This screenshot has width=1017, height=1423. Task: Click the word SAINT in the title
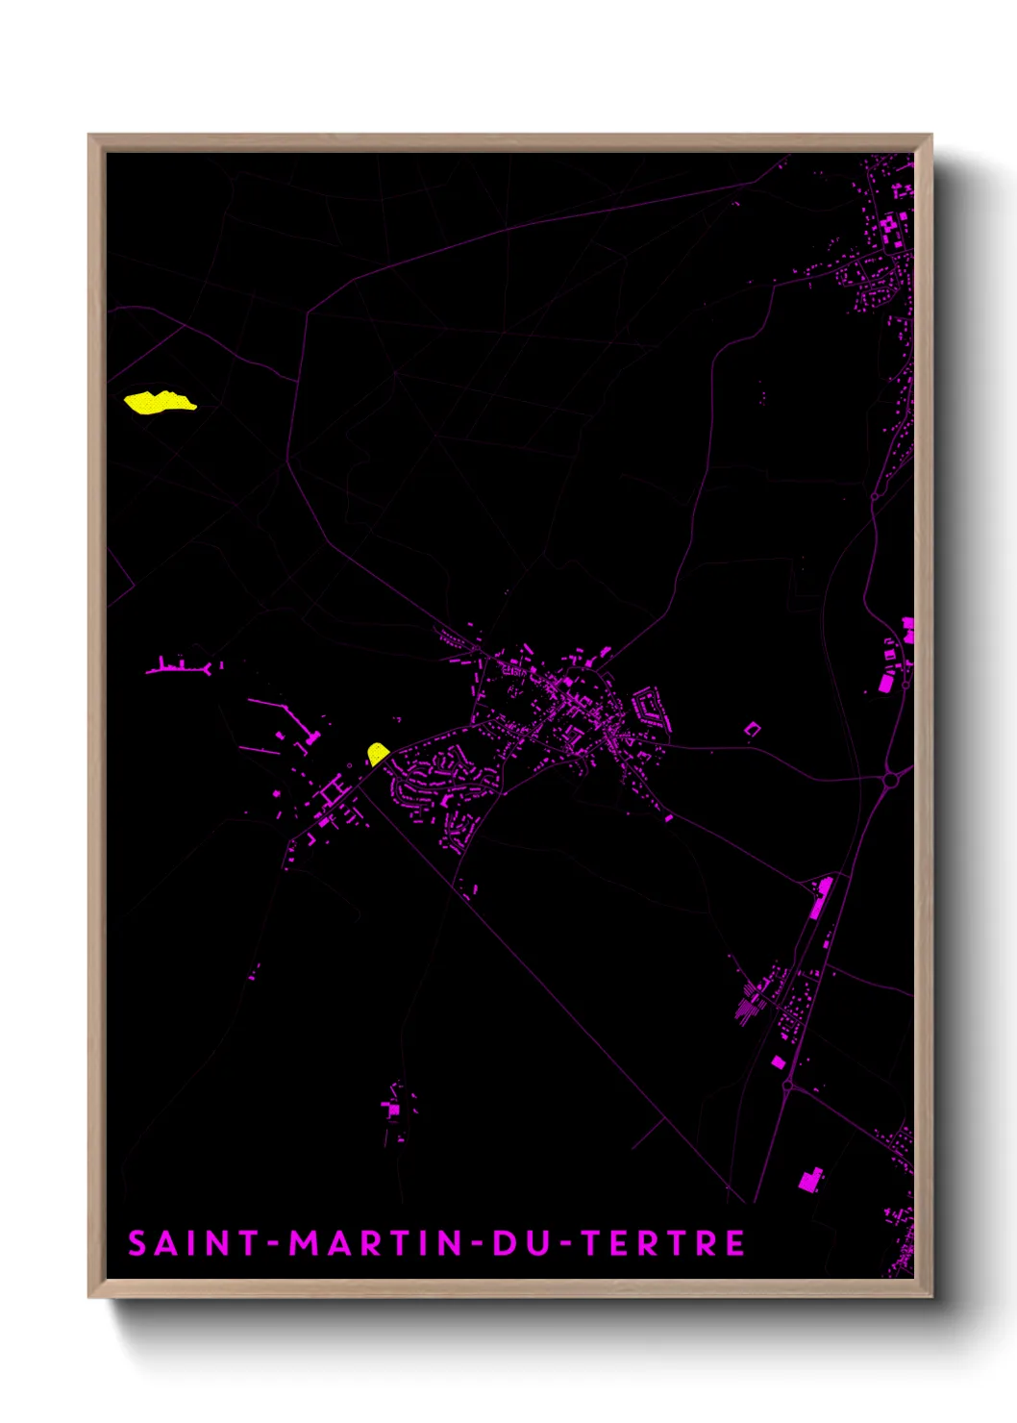(182, 1243)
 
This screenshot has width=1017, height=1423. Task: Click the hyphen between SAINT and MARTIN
(273, 1244)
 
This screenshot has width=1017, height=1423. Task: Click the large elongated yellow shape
(159, 402)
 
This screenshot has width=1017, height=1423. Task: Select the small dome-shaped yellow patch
(378, 753)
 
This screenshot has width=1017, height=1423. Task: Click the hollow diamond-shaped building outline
(753, 730)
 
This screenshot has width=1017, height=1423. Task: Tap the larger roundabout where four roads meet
(891, 779)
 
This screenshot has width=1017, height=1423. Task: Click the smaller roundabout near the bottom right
(788, 1086)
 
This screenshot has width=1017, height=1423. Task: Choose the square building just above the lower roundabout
(778, 1062)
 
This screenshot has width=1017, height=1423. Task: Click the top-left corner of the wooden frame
(90, 137)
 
